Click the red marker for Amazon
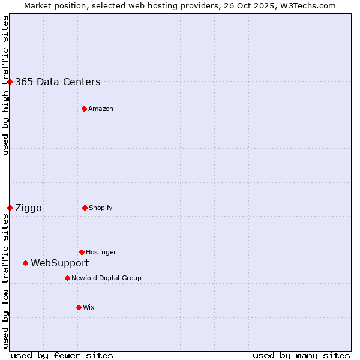(x=84, y=109)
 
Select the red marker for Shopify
(x=85, y=208)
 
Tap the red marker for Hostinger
(x=82, y=252)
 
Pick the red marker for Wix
(x=79, y=307)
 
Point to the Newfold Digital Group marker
(x=67, y=278)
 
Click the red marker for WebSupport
(x=25, y=263)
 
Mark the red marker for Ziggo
(x=10, y=208)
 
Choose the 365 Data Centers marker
(x=10, y=82)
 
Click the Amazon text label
(x=101, y=109)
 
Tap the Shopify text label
(x=101, y=208)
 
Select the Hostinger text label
(x=101, y=253)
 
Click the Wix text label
(x=89, y=308)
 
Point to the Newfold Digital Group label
(x=106, y=278)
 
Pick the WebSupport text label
(x=59, y=263)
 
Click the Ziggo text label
(x=28, y=208)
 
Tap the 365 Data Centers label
(x=58, y=82)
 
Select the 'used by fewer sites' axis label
(x=62, y=355)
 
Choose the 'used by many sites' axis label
(x=301, y=355)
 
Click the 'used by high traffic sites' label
(x=5, y=85)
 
